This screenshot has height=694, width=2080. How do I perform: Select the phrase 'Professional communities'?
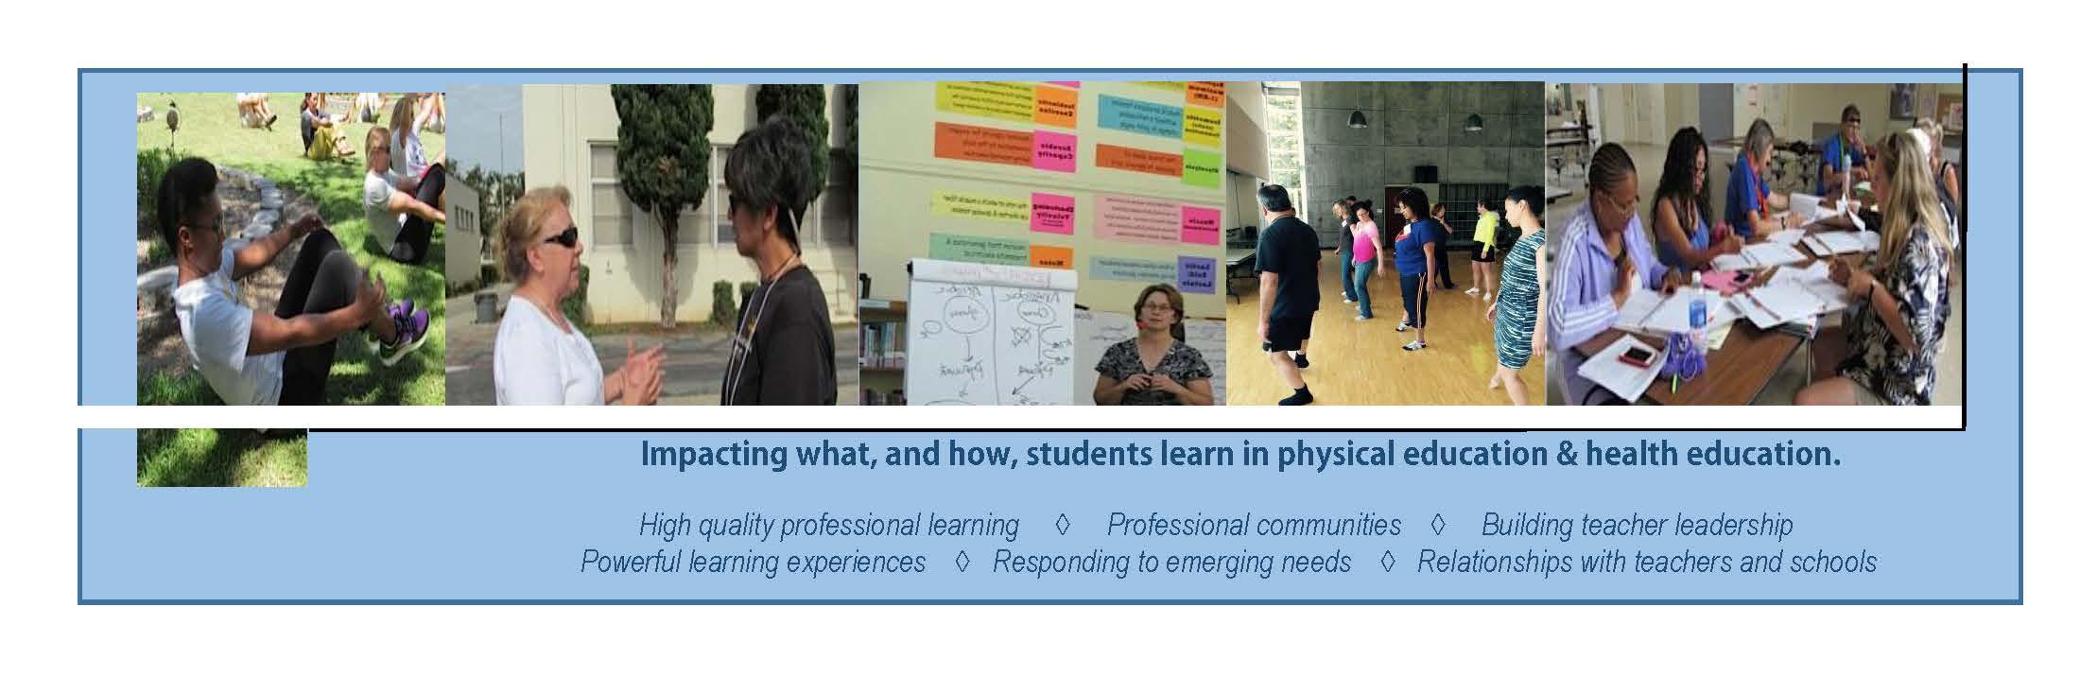(x=1254, y=525)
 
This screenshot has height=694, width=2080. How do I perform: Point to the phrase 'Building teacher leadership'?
(x=1637, y=525)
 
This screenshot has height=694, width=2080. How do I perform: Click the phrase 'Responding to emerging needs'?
(x=1171, y=563)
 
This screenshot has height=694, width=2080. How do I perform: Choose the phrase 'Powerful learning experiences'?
(x=753, y=563)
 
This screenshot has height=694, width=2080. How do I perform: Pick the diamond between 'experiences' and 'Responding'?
(x=962, y=562)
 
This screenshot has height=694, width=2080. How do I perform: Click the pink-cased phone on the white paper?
(x=1638, y=356)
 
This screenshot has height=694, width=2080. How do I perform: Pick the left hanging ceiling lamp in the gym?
(x=1357, y=117)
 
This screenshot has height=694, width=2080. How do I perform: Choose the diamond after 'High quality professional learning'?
(x=1061, y=524)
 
